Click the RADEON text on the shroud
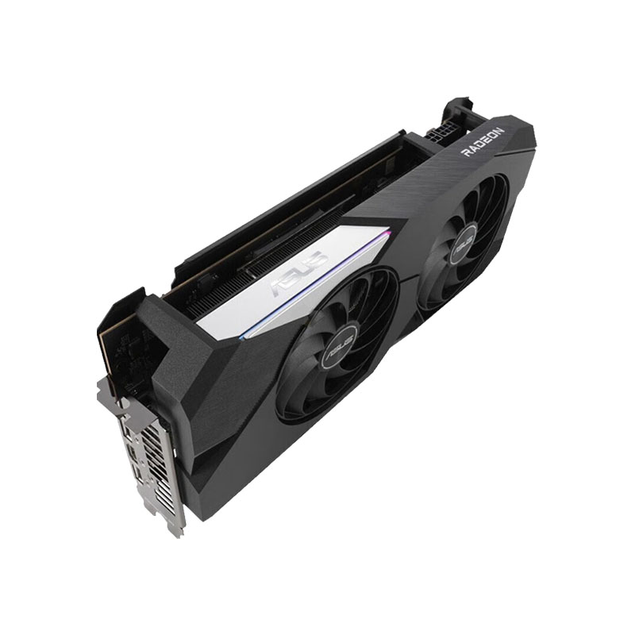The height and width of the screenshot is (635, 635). (x=483, y=142)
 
